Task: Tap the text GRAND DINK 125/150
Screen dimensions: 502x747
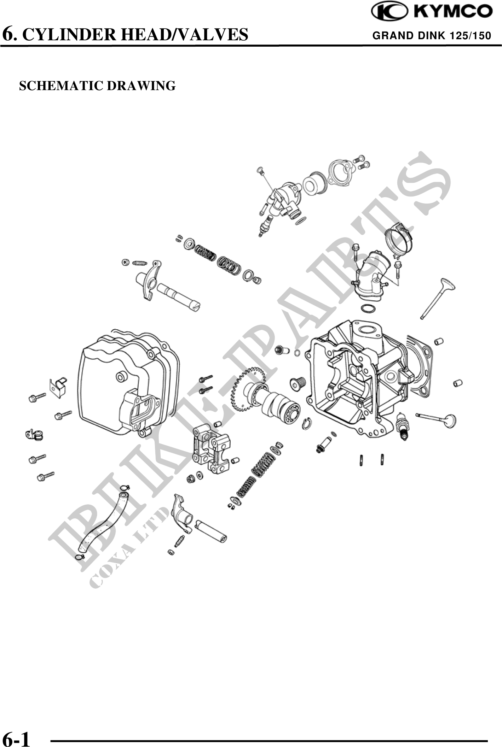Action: point(432,36)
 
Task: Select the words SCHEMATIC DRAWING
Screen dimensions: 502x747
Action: point(97,86)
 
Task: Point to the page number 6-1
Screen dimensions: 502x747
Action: point(16,737)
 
